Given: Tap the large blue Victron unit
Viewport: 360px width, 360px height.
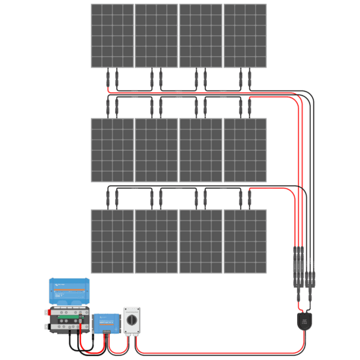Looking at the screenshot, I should click(x=69, y=290).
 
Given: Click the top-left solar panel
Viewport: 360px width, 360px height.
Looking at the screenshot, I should click(x=112, y=35).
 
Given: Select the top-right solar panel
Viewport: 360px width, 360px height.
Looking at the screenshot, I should click(x=245, y=35).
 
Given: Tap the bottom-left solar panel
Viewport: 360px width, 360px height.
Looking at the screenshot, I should click(x=112, y=241).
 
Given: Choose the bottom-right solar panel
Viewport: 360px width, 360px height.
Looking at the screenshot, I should click(x=245, y=241).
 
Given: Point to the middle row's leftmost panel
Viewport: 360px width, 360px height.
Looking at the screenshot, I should click(x=112, y=150).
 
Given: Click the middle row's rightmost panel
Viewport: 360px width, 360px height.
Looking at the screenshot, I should click(x=245, y=150).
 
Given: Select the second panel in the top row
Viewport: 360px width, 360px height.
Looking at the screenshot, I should click(x=156, y=35).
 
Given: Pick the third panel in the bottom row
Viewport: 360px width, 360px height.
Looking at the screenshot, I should click(x=201, y=241).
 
